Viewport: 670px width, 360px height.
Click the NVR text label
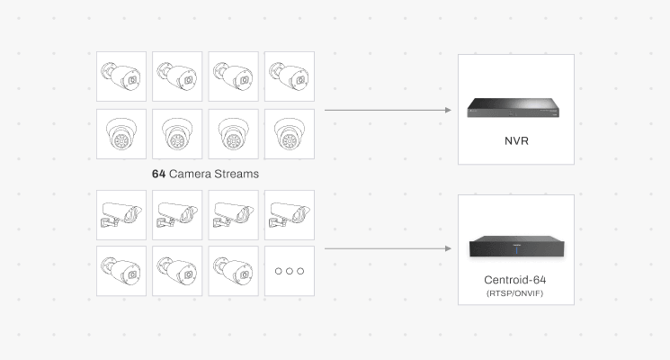tap(515, 141)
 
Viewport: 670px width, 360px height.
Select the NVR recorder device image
tap(515, 109)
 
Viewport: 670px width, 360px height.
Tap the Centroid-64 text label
tap(515, 280)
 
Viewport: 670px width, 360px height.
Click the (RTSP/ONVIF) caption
tap(515, 293)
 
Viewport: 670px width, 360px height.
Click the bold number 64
tap(159, 172)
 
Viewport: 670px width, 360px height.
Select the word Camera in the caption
tap(191, 172)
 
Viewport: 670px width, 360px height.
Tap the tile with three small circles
tap(289, 271)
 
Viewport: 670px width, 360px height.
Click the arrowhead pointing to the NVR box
tap(447, 110)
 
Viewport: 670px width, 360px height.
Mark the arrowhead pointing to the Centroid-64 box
tap(447, 248)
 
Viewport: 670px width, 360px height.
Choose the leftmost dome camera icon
tap(121, 134)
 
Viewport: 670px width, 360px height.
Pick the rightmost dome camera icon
tap(289, 134)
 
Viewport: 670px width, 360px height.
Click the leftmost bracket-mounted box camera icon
tap(121, 215)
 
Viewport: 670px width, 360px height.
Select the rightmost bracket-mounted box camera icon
tap(289, 215)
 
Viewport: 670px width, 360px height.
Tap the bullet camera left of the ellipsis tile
tap(233, 271)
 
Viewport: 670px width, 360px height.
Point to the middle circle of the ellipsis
tap(289, 271)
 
